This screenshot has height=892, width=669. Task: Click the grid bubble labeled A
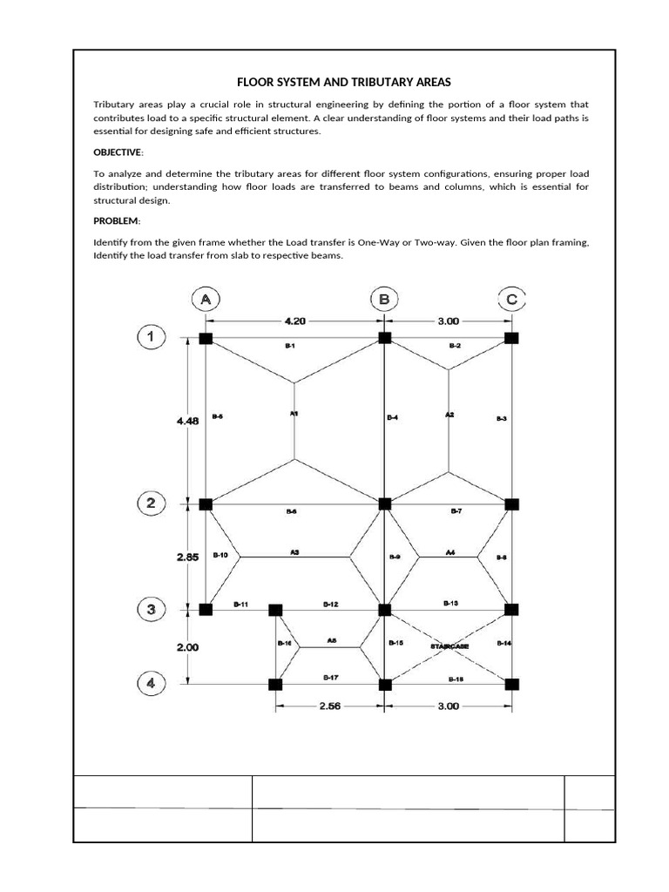206,300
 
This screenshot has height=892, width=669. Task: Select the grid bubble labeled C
511,300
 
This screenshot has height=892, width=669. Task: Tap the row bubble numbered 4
151,684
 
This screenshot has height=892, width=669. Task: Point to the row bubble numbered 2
151,503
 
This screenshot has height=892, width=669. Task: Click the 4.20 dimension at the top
296,321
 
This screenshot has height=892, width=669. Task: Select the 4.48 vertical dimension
188,420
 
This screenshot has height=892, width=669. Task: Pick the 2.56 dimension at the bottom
329,706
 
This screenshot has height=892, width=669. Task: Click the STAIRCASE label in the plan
449,646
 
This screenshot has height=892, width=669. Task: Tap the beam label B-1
290,346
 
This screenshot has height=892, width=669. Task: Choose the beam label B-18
456,678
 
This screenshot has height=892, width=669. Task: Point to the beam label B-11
241,603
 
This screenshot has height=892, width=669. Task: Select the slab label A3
294,551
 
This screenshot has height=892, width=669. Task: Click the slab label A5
331,640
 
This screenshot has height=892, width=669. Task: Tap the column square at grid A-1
206,338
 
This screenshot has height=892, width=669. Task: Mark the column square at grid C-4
511,684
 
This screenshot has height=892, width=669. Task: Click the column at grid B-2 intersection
384,503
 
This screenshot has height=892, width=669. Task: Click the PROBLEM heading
115,221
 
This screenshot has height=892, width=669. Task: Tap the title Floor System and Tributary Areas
344,82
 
